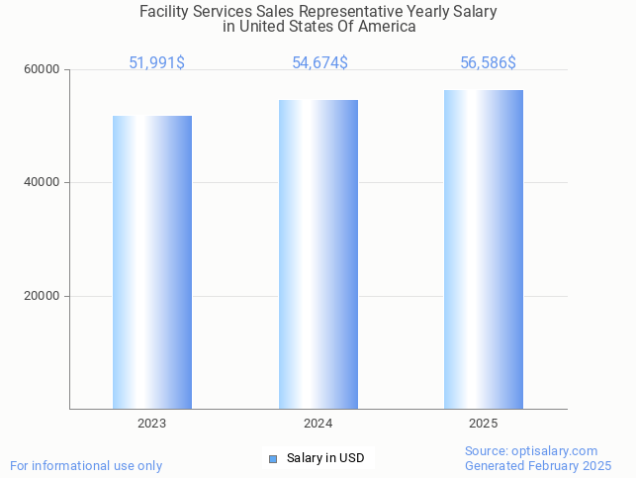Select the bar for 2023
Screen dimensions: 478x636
(152, 262)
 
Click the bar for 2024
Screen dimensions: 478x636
(318, 254)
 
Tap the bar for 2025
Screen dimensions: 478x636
(484, 249)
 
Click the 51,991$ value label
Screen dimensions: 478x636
(156, 63)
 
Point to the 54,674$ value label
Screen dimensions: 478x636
(319, 63)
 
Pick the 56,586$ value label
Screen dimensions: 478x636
(488, 63)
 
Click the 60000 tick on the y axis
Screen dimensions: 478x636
(43, 70)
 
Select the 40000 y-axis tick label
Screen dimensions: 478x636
(43, 183)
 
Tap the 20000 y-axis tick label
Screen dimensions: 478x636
(43, 296)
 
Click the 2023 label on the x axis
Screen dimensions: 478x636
(152, 424)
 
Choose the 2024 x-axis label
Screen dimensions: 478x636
(318, 424)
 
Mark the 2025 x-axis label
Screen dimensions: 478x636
(484, 424)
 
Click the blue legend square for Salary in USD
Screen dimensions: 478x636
(274, 458)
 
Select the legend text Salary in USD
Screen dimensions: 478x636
(325, 458)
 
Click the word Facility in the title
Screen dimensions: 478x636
(163, 12)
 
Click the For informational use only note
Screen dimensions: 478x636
(86, 466)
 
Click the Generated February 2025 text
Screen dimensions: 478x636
(538, 466)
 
